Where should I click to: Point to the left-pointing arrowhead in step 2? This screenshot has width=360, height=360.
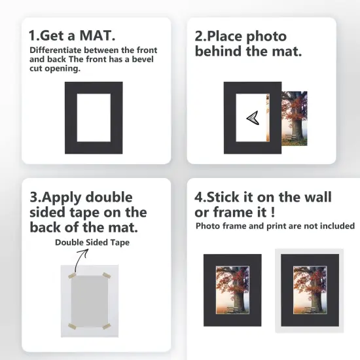[x=253, y=118]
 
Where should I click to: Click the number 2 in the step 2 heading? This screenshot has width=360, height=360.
[x=200, y=34]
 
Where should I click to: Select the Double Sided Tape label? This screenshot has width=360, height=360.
[x=92, y=242]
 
